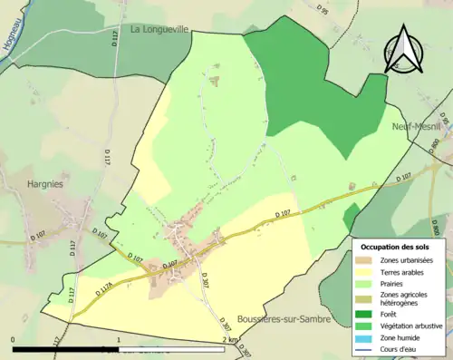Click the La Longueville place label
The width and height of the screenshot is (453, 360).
click(171, 29)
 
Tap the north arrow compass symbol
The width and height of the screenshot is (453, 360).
click(405, 51)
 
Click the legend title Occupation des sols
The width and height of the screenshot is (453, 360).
click(395, 247)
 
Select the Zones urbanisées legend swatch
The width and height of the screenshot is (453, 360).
click(366, 260)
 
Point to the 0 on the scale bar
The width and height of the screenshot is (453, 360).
click(14, 340)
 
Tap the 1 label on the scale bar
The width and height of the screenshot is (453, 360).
click(120, 340)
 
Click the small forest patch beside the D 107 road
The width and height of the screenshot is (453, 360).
click(351, 219)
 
